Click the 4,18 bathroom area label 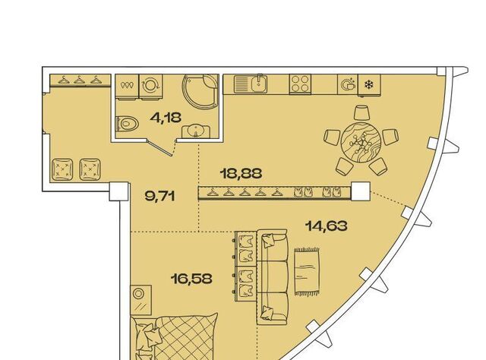point(166,118)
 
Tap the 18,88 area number point(241,173)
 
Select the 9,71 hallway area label point(160,196)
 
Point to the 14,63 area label point(326,226)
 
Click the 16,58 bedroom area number point(191,279)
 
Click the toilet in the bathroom point(127,125)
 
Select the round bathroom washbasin point(195,131)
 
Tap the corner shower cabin point(200,91)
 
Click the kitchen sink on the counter point(251,84)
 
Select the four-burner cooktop point(300,84)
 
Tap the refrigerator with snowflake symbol point(369,84)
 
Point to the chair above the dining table point(361,113)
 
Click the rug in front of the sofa point(307,271)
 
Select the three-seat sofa point(273,277)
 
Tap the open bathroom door point(160,147)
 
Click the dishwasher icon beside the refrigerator point(348,84)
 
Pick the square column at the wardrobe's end point(361,191)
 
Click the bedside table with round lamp point(141,300)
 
